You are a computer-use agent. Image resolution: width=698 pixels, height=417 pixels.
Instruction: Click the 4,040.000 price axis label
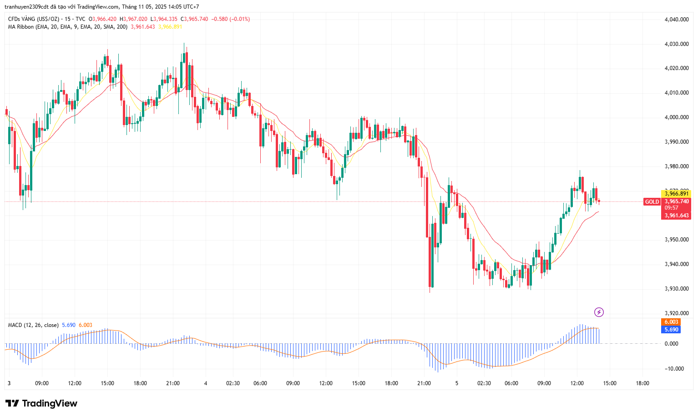pyautogui.click(x=676, y=20)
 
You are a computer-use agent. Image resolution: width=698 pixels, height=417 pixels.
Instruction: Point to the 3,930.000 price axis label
pyautogui.click(x=676, y=289)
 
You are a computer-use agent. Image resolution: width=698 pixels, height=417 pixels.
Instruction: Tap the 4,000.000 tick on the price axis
pyautogui.click(x=676, y=117)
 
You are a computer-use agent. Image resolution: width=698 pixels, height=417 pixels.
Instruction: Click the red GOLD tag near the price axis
pyautogui.click(x=652, y=202)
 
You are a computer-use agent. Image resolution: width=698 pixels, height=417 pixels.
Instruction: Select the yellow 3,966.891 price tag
pyautogui.click(x=676, y=194)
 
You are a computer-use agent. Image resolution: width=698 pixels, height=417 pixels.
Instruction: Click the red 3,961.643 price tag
pyautogui.click(x=676, y=216)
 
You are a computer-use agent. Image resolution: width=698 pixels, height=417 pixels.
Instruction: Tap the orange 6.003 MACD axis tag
pyautogui.click(x=671, y=322)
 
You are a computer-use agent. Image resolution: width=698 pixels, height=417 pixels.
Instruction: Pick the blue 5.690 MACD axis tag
pyautogui.click(x=671, y=330)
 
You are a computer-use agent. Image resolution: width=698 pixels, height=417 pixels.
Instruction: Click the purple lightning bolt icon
pyautogui.click(x=599, y=312)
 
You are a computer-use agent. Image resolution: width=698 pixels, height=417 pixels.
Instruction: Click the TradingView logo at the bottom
pyautogui.click(x=41, y=403)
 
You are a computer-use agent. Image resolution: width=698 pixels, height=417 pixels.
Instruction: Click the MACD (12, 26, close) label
pyautogui.click(x=33, y=325)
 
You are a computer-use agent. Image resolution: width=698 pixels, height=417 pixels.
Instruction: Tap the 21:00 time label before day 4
pyautogui.click(x=173, y=383)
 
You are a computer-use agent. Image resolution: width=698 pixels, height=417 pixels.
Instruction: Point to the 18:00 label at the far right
pyautogui.click(x=642, y=383)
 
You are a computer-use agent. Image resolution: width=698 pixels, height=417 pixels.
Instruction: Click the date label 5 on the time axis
pyautogui.click(x=457, y=383)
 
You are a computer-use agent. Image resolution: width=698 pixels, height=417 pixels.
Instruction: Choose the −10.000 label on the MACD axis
pyautogui.click(x=674, y=369)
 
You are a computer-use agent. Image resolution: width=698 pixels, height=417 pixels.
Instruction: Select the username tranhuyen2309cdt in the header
pyautogui.click(x=26, y=7)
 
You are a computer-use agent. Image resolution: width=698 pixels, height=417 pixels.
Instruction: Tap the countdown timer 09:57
pyautogui.click(x=672, y=208)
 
